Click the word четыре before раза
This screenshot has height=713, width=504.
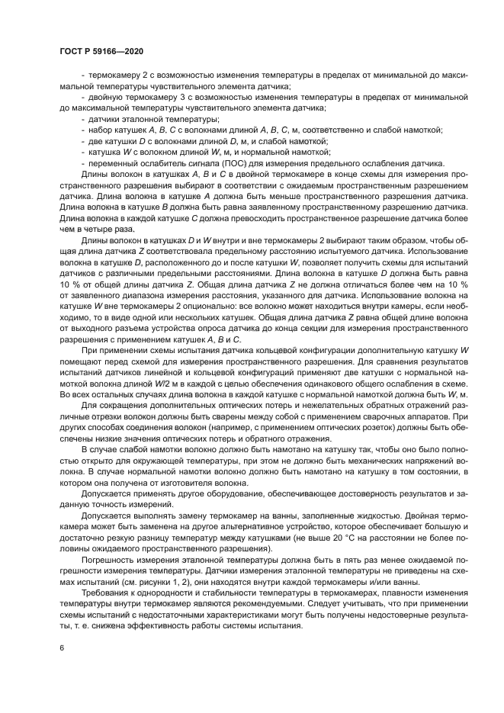coord(84,229)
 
